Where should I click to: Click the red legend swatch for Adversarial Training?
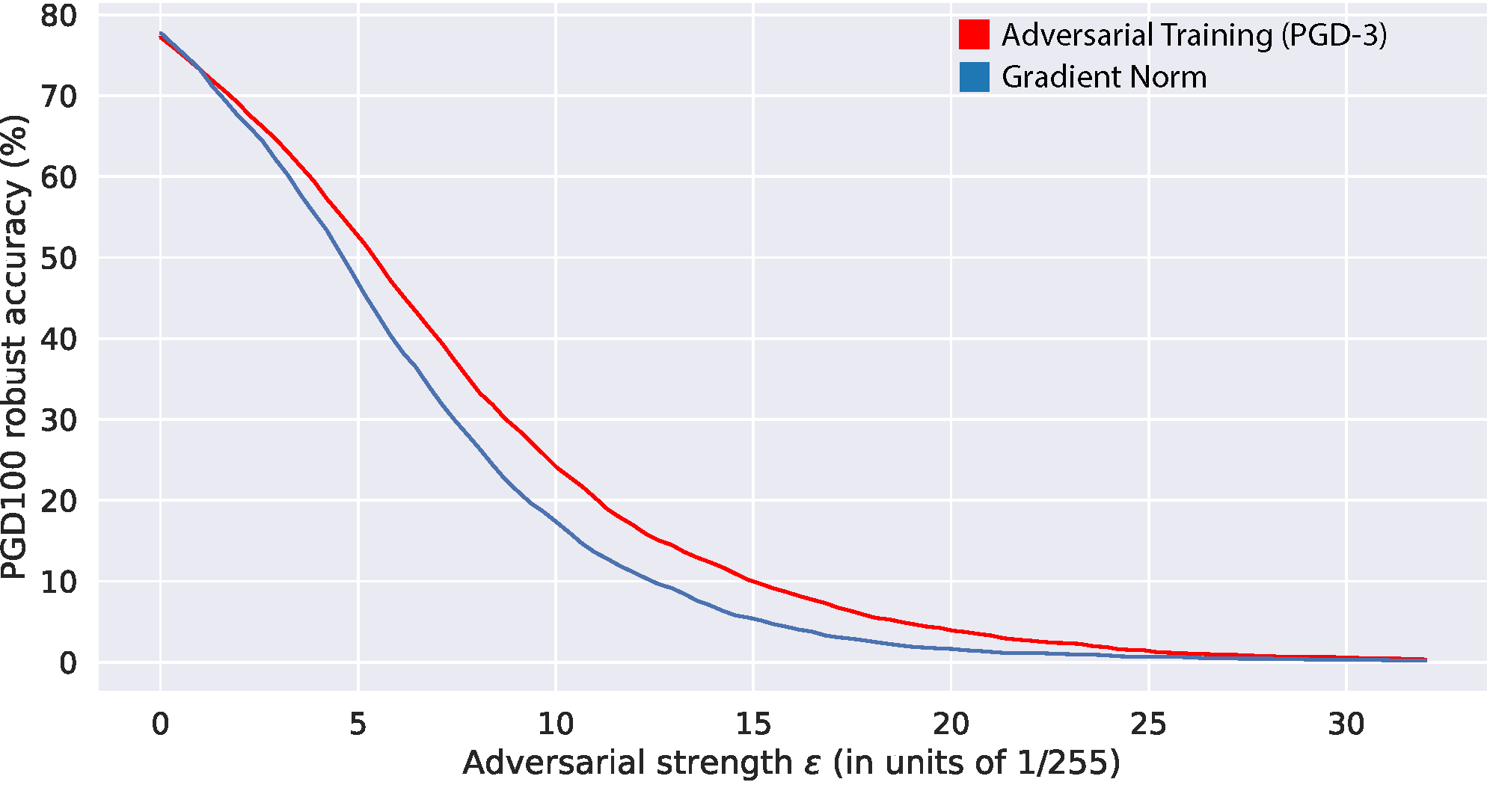click(x=974, y=34)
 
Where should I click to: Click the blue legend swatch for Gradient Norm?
click(x=974, y=77)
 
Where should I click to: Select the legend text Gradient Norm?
click(x=1104, y=77)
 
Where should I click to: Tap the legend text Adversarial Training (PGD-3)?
click(x=1194, y=35)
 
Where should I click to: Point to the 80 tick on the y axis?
click(x=58, y=16)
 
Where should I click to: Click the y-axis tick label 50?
click(x=58, y=259)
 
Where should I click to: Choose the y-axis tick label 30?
click(x=58, y=420)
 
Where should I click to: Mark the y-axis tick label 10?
click(x=58, y=582)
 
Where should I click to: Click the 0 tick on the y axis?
click(x=68, y=663)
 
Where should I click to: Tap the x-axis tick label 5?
click(x=358, y=724)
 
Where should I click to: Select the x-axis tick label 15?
click(x=753, y=724)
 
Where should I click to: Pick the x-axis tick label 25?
click(x=1148, y=724)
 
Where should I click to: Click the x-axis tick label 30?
click(x=1346, y=724)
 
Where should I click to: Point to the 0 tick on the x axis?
click(x=160, y=724)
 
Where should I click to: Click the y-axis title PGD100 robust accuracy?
click(x=15, y=348)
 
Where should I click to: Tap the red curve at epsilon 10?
click(x=556, y=467)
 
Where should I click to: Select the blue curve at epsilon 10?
click(x=556, y=521)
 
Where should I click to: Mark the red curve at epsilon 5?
click(x=358, y=238)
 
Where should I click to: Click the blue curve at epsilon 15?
click(x=753, y=618)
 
